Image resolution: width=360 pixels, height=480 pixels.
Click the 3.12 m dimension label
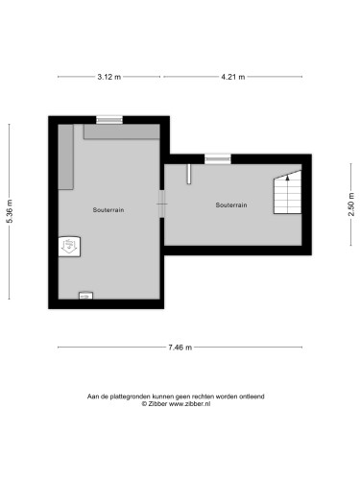point(109,77)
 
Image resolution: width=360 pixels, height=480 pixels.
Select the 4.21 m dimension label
point(233,77)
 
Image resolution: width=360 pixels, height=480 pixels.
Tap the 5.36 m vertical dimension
point(10,211)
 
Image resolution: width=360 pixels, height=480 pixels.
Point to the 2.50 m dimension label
point(351,204)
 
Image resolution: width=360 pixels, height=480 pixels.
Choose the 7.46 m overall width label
point(180,348)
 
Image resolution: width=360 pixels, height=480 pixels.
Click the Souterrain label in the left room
point(108,210)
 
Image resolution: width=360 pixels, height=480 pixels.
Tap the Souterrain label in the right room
point(231,205)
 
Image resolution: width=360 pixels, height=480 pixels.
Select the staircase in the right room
point(287,192)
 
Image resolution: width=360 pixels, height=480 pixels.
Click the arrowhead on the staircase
point(287,178)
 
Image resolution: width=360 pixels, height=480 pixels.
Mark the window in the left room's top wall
point(109,120)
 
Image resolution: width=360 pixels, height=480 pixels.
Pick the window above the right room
point(218,159)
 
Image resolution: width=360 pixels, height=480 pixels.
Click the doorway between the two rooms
point(162,204)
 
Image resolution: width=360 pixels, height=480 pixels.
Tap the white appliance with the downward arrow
point(69,247)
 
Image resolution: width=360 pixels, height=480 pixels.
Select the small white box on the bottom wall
point(85,296)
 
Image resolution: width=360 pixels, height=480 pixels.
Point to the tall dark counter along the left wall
point(65,156)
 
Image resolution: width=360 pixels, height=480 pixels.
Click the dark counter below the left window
point(122,132)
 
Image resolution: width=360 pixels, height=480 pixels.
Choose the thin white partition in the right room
point(189,174)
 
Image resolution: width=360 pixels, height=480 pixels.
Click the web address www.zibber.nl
point(189,404)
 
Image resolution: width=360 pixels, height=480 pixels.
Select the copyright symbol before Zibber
point(144,404)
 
